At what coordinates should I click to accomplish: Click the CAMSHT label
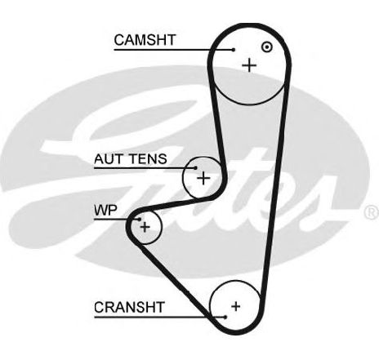coord(145,40)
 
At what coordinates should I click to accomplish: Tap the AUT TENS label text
coord(131,158)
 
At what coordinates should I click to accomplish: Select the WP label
coord(105,210)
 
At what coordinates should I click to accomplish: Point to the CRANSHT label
coord(129,307)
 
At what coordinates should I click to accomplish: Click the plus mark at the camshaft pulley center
coord(249,65)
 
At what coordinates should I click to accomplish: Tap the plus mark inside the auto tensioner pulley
coord(203,178)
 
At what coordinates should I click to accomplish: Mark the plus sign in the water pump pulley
coord(145,227)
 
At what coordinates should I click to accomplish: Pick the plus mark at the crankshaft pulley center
coord(236,306)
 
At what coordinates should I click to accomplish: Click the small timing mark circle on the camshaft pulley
coord(267,47)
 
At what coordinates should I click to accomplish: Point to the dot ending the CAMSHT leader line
coord(234,50)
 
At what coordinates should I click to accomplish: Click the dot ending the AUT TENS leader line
coord(195,168)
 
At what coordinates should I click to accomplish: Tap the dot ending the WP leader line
coord(140,220)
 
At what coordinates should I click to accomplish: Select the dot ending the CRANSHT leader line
coord(225,317)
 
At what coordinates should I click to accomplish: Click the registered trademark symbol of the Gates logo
coord(372,212)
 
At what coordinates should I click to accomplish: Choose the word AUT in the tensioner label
coord(108,158)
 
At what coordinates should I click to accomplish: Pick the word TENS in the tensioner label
coord(148,158)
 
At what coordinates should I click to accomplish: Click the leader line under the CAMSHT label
coord(174,50)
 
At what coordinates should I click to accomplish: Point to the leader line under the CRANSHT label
coord(160,317)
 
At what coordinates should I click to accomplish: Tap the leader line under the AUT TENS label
coord(145,168)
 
